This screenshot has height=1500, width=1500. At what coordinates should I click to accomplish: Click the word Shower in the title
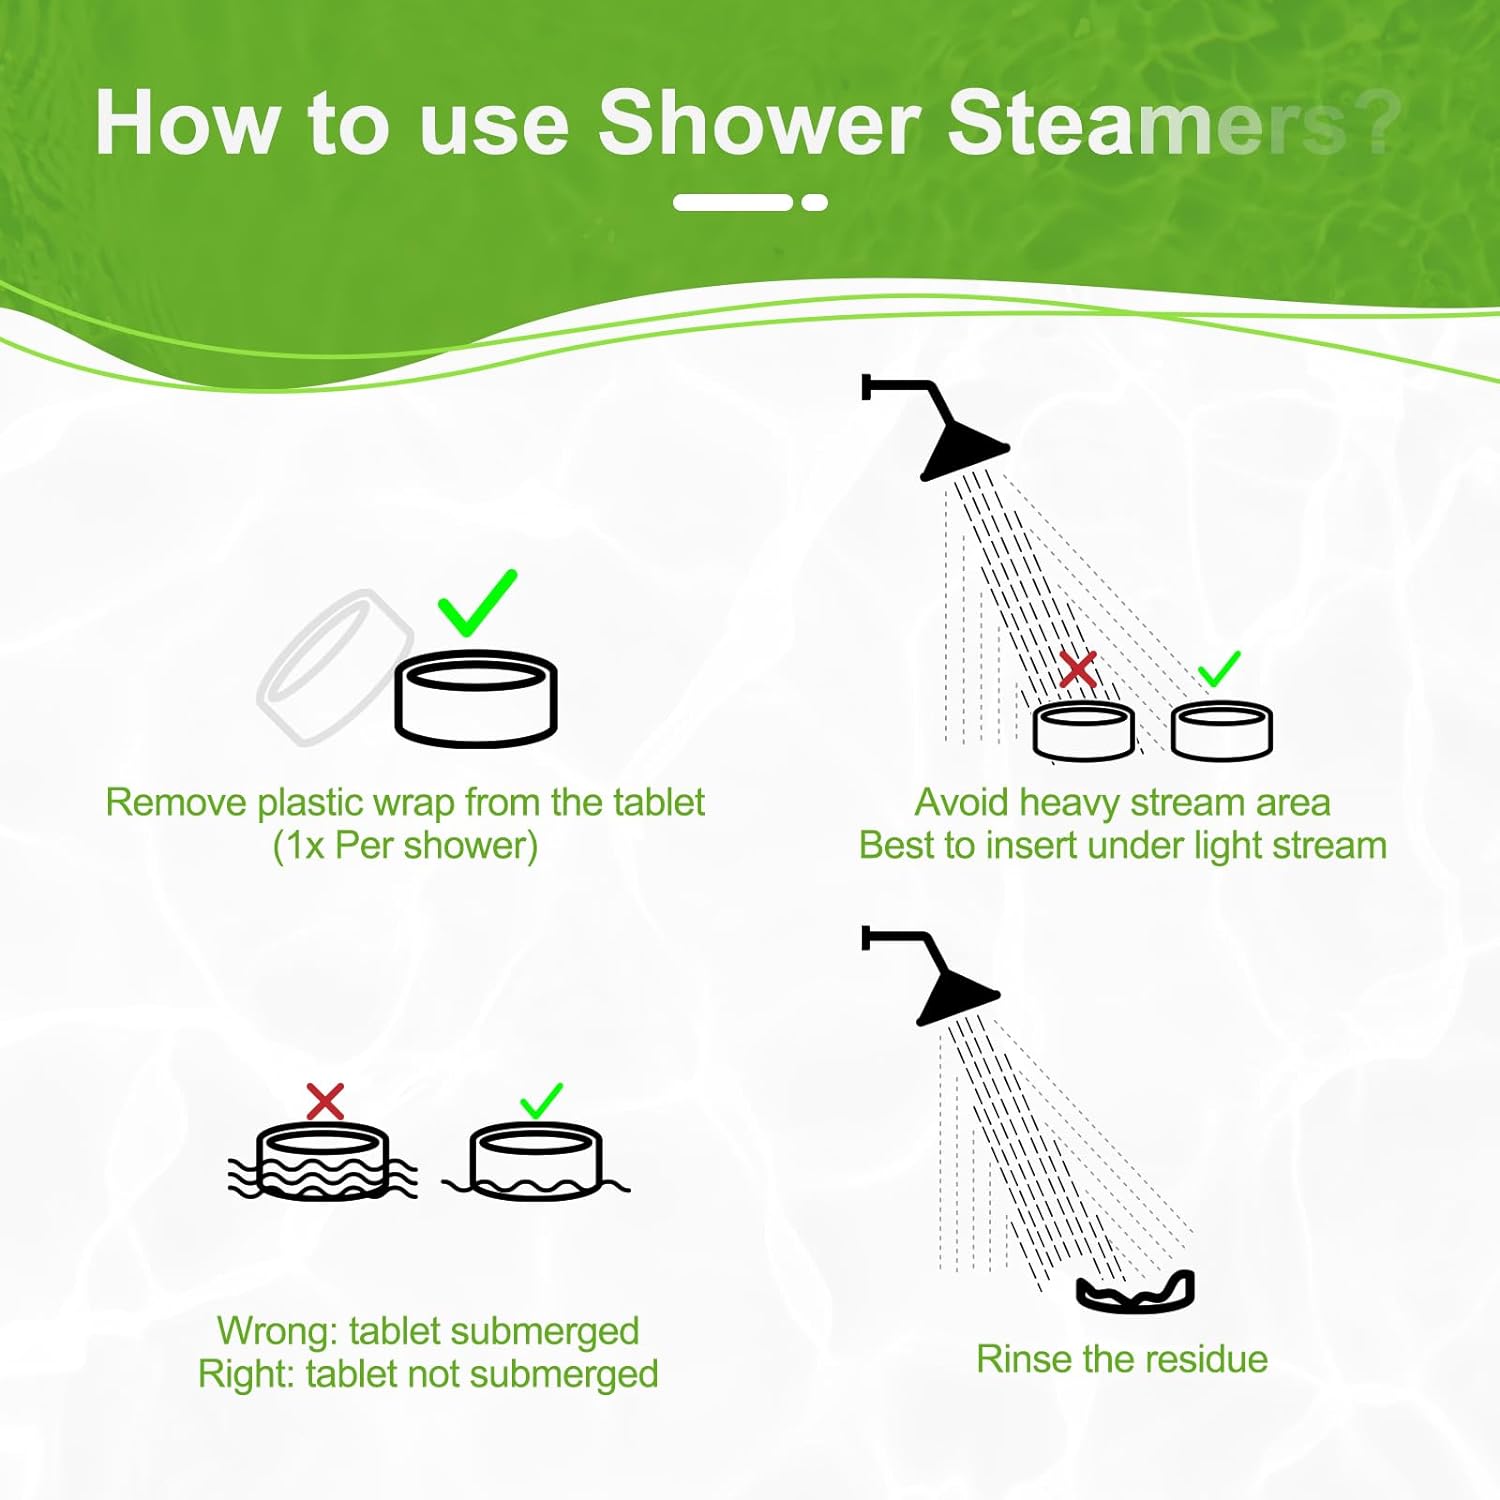click(759, 123)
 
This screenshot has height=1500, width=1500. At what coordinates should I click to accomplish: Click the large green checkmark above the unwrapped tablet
click(477, 603)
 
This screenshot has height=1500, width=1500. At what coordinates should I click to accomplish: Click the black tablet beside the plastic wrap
click(476, 699)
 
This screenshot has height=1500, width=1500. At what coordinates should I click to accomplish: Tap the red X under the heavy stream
click(1078, 669)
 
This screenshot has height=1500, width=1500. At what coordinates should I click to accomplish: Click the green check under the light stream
click(1219, 668)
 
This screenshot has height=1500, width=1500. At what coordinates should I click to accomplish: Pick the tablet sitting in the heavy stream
click(1083, 731)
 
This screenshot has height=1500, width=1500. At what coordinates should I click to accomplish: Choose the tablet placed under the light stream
click(1222, 731)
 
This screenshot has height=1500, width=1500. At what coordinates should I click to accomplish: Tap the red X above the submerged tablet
click(325, 1102)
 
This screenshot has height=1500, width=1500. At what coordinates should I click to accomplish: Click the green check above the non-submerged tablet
click(541, 1101)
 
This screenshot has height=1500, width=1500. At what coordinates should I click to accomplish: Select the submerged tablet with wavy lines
click(322, 1161)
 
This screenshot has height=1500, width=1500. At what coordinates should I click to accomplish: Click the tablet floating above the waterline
click(536, 1161)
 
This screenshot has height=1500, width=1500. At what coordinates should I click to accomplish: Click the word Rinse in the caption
click(1025, 1359)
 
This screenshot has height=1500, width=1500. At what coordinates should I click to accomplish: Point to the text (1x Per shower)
click(405, 846)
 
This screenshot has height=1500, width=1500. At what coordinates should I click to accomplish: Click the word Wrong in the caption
click(278, 1332)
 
